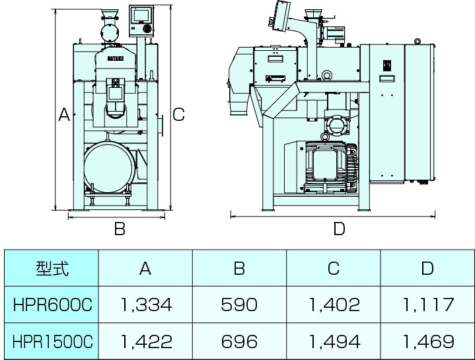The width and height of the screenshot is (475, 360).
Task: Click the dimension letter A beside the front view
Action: pos(64,114)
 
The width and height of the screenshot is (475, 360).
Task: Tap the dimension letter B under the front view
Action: pos(120,229)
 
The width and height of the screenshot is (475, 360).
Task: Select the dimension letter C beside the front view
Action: pos(178,114)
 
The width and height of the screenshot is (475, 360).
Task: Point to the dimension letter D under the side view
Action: pos(338,229)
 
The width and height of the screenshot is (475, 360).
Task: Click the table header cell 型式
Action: pos(52,268)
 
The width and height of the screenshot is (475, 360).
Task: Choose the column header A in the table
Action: pos(145,268)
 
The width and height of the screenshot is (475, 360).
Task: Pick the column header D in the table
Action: pos(427,268)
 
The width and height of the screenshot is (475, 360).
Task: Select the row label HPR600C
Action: pos(52,305)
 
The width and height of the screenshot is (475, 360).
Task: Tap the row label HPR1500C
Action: pos(52,341)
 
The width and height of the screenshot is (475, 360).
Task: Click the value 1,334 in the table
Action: pos(145,305)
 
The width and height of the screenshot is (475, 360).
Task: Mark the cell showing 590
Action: pos(239,305)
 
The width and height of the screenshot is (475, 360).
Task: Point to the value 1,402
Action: pos(334,305)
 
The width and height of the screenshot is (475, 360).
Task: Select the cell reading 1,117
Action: pos(427,305)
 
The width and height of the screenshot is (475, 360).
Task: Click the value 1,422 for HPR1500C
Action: pos(145,341)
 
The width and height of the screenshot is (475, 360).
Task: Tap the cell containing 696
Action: pos(239,341)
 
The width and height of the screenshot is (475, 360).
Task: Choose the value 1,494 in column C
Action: pos(334,341)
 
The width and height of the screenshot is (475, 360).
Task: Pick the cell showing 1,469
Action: pos(427,341)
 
